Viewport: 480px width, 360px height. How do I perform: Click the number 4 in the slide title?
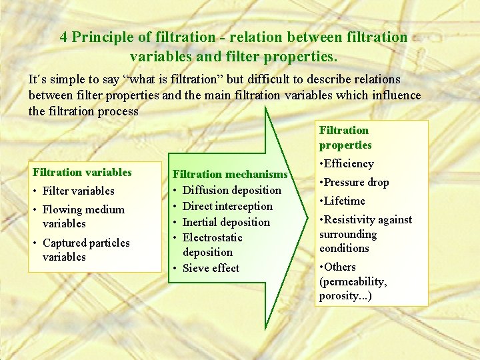pyautogui.click(x=63, y=37)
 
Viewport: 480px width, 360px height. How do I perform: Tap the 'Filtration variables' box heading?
pyautogui.click(x=82, y=172)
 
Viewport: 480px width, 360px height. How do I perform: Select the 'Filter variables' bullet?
pyautogui.click(x=78, y=191)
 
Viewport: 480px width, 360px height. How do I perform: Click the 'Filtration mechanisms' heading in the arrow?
pyautogui.click(x=230, y=174)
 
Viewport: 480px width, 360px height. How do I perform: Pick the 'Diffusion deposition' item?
pyautogui.click(x=231, y=190)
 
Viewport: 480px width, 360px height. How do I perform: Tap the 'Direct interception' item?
pyautogui.click(x=227, y=206)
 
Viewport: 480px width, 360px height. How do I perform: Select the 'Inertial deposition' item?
pyautogui.click(x=226, y=222)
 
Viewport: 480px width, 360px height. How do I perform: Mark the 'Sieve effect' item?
pyautogui.click(x=211, y=268)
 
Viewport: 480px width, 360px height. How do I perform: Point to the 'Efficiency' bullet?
pyautogui.click(x=349, y=163)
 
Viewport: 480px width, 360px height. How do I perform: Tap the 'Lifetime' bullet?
pyautogui.click(x=345, y=201)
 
